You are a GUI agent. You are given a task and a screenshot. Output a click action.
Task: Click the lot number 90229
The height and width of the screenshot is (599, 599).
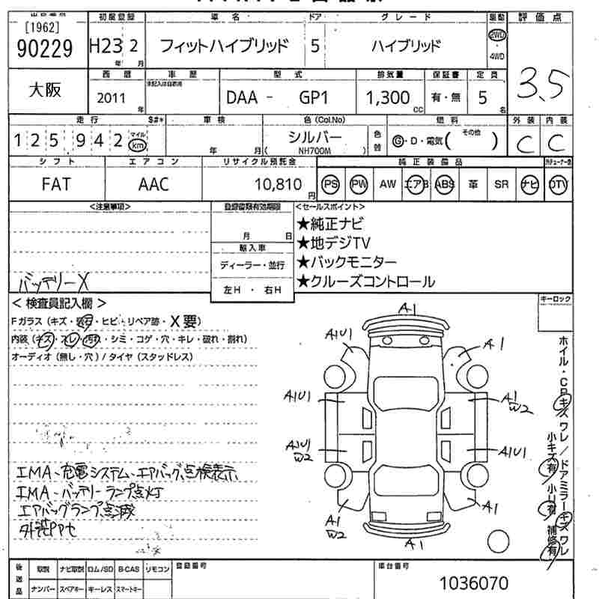43,49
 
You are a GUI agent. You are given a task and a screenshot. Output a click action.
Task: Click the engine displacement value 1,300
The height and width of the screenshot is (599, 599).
388,98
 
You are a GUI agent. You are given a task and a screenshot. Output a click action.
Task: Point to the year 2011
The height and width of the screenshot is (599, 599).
112,98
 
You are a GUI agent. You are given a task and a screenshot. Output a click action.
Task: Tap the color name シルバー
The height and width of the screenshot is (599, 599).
314,138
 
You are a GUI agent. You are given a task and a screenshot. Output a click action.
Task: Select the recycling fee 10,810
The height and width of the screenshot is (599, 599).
279,184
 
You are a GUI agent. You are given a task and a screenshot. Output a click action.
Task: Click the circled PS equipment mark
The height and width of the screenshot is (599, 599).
329,184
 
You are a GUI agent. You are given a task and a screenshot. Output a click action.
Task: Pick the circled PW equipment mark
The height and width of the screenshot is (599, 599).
359,184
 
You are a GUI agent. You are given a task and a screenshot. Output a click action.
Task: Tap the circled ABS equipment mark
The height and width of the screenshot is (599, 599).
445,184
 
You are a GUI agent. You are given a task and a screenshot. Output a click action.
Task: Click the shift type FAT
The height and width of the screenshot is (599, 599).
56,184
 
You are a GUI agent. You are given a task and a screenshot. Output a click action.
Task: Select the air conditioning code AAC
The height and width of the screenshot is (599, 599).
153,184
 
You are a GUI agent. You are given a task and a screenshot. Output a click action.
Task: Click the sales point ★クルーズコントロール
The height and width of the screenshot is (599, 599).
365,282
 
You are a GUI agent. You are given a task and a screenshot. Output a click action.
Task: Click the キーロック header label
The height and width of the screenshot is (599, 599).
555,299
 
